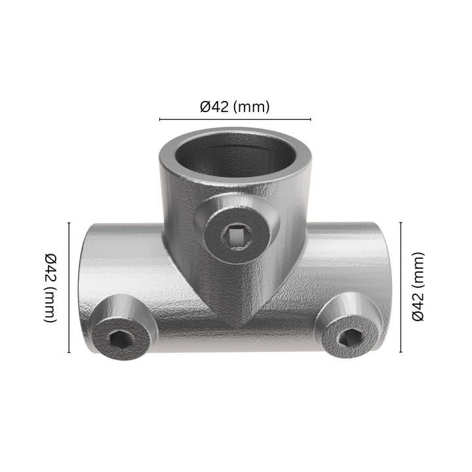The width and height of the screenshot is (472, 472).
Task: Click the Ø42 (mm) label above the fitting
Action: (x=235, y=107)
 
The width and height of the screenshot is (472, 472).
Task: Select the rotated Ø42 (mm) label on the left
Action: (x=50, y=287)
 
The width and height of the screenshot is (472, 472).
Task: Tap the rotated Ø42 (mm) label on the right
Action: (x=419, y=286)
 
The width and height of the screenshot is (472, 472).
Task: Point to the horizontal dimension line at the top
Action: (x=235, y=120)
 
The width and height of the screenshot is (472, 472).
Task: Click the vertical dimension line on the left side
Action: (x=69, y=287)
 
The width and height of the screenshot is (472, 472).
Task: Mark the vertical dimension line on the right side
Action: (x=401, y=286)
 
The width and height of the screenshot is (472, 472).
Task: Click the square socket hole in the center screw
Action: (x=234, y=234)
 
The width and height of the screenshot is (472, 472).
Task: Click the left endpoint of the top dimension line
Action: (x=160, y=120)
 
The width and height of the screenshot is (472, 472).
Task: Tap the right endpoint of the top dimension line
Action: (x=310, y=120)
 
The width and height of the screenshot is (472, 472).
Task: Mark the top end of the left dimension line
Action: (x=69, y=223)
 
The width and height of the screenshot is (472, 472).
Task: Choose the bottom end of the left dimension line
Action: (x=69, y=353)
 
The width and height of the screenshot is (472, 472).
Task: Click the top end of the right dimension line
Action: (x=401, y=222)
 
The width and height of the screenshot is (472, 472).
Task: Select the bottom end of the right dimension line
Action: (x=401, y=351)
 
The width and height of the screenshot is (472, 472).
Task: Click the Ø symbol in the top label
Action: (x=205, y=107)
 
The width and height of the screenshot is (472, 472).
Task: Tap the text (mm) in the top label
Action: (x=251, y=107)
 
